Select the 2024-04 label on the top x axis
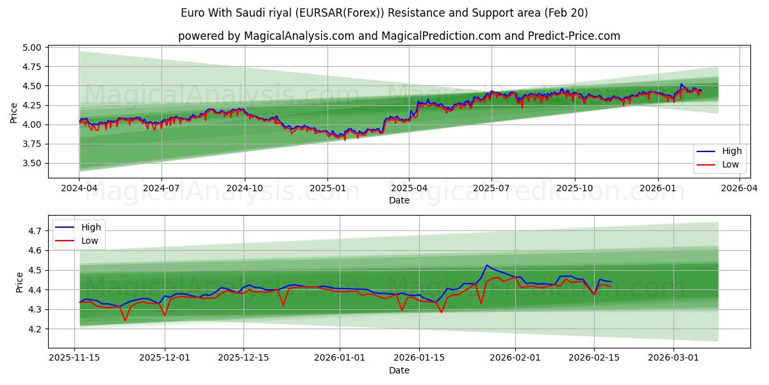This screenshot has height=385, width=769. (79, 188)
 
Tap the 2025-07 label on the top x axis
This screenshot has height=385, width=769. (492, 188)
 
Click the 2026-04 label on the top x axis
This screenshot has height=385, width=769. (740, 188)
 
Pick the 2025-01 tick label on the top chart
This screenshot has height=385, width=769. (327, 188)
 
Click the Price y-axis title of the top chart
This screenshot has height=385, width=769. (14, 113)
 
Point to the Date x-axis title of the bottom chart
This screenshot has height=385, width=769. (399, 370)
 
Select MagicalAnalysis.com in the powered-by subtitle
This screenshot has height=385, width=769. (299, 36)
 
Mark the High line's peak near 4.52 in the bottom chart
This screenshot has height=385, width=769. (486, 265)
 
